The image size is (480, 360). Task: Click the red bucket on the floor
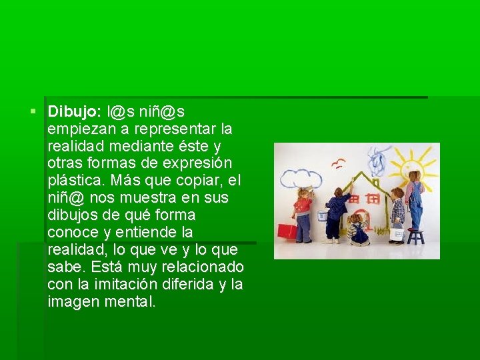tap(287, 231)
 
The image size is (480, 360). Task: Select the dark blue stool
tap(415, 236)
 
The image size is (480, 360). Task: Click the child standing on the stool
tap(415, 200)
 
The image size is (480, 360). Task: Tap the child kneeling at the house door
tap(358, 229)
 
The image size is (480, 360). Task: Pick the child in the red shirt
tap(304, 213)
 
